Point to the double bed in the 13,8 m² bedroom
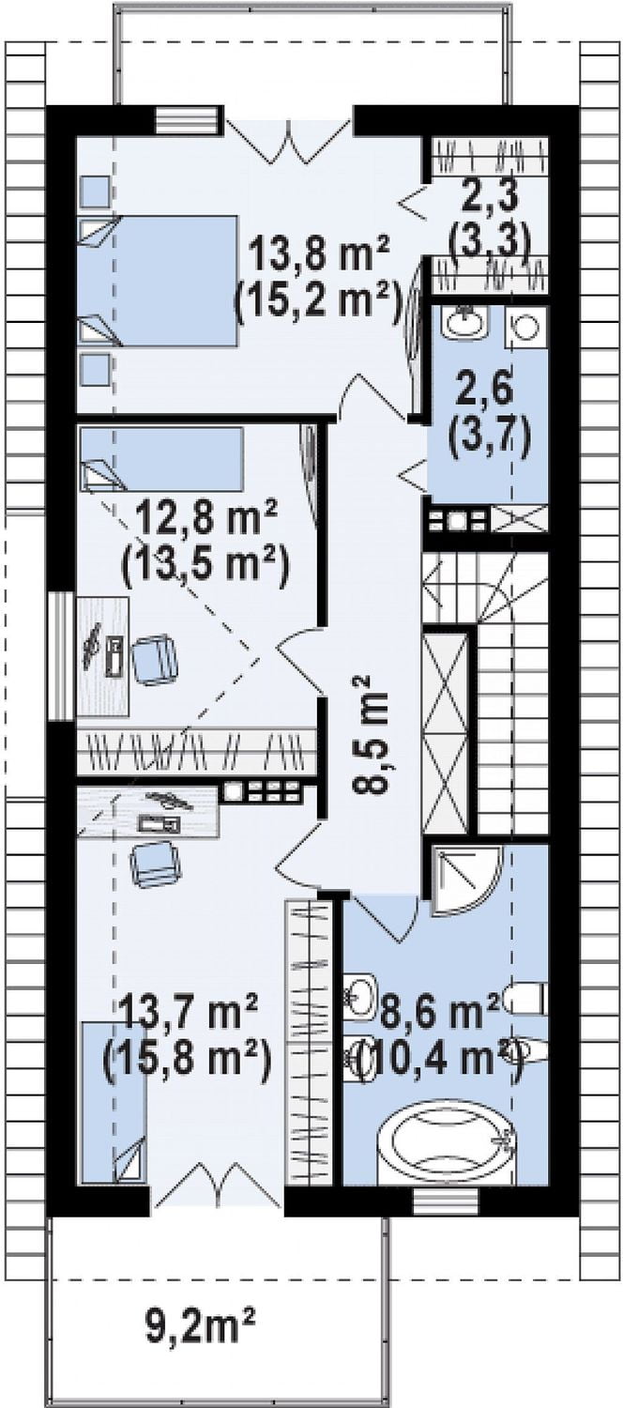point(158,281)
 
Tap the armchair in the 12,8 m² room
point(154,657)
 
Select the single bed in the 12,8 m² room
point(161,459)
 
